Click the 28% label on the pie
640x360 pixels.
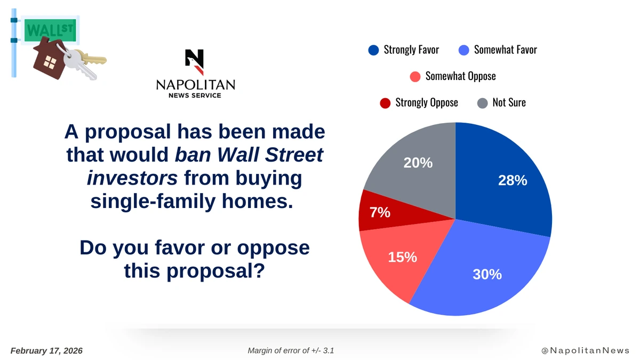click(x=513, y=181)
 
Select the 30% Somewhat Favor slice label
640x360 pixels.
click(x=487, y=274)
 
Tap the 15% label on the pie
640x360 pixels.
click(x=402, y=257)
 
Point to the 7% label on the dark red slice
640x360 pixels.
click(x=380, y=212)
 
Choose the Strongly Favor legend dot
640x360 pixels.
click(x=373, y=50)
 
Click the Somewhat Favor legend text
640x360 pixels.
click(x=505, y=50)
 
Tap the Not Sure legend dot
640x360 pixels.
click(x=482, y=103)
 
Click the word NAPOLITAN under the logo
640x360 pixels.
click(x=195, y=85)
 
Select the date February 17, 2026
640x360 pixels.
click(x=47, y=350)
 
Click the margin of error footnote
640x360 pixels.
click(x=291, y=350)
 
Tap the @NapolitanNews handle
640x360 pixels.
click(x=585, y=350)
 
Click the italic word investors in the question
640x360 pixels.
click(x=132, y=178)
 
